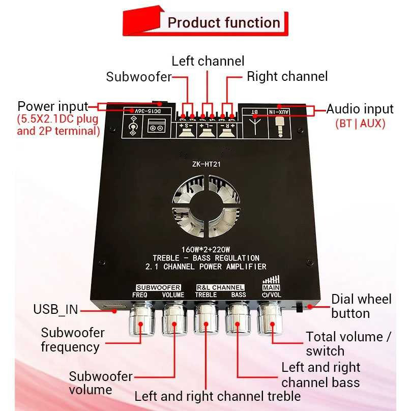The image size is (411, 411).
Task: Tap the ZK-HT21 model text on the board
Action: [x=205, y=163]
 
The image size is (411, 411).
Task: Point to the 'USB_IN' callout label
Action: [x=55, y=309]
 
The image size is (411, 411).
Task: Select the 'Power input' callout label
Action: [x=53, y=107]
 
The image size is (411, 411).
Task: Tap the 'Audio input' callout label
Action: [x=360, y=109]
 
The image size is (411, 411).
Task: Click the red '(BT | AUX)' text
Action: [x=360, y=123]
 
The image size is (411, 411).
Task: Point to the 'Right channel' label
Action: [x=287, y=76]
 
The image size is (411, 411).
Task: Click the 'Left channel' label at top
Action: [x=208, y=61]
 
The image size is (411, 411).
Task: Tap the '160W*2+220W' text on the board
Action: [x=205, y=249]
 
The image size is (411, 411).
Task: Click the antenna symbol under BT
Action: [x=255, y=124]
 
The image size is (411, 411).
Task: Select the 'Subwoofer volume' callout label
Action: [x=101, y=383]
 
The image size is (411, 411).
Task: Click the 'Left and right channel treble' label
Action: [x=218, y=396]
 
